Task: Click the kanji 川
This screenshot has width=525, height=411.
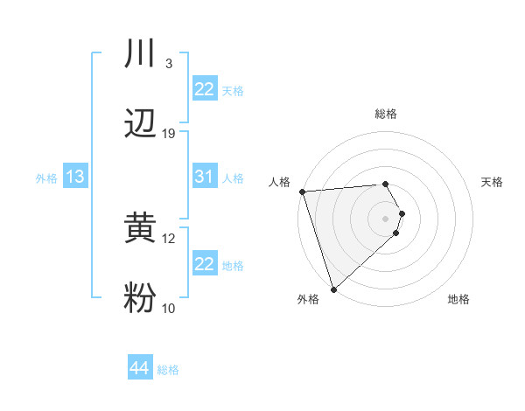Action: tap(140, 55)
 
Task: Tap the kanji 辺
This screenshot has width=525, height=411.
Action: tap(140, 124)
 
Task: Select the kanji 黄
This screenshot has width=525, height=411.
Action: tap(140, 229)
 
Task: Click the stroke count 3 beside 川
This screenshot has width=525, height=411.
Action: tap(169, 64)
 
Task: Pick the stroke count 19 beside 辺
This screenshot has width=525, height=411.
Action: tap(169, 133)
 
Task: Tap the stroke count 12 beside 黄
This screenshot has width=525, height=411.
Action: tap(169, 238)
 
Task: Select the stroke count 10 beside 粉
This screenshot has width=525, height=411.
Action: tap(169, 308)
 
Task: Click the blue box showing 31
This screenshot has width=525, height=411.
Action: tap(205, 177)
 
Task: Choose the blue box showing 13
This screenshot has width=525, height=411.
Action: tap(75, 178)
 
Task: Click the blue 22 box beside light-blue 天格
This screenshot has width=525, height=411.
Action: tap(205, 89)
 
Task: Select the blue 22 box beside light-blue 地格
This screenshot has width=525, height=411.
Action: tap(205, 264)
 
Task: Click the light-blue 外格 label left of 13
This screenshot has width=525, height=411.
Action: tap(46, 178)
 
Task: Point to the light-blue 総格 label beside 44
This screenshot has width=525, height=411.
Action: tap(168, 370)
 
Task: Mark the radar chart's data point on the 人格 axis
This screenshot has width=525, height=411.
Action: tap(302, 192)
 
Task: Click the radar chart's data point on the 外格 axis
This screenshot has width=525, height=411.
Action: tap(333, 288)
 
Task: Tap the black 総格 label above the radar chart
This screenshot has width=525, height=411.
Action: tap(386, 114)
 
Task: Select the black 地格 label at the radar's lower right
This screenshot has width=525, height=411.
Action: tap(458, 300)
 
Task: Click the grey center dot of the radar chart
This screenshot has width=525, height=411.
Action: tap(386, 218)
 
